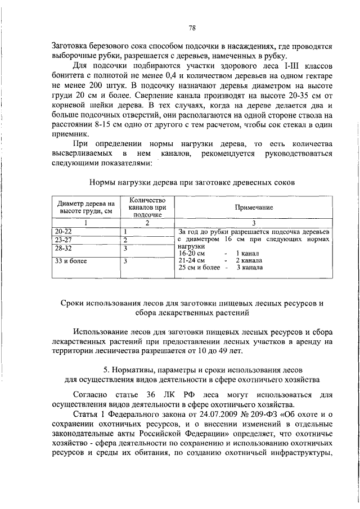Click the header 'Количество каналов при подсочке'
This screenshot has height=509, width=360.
click(146, 208)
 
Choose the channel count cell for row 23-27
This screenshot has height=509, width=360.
click(127, 240)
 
